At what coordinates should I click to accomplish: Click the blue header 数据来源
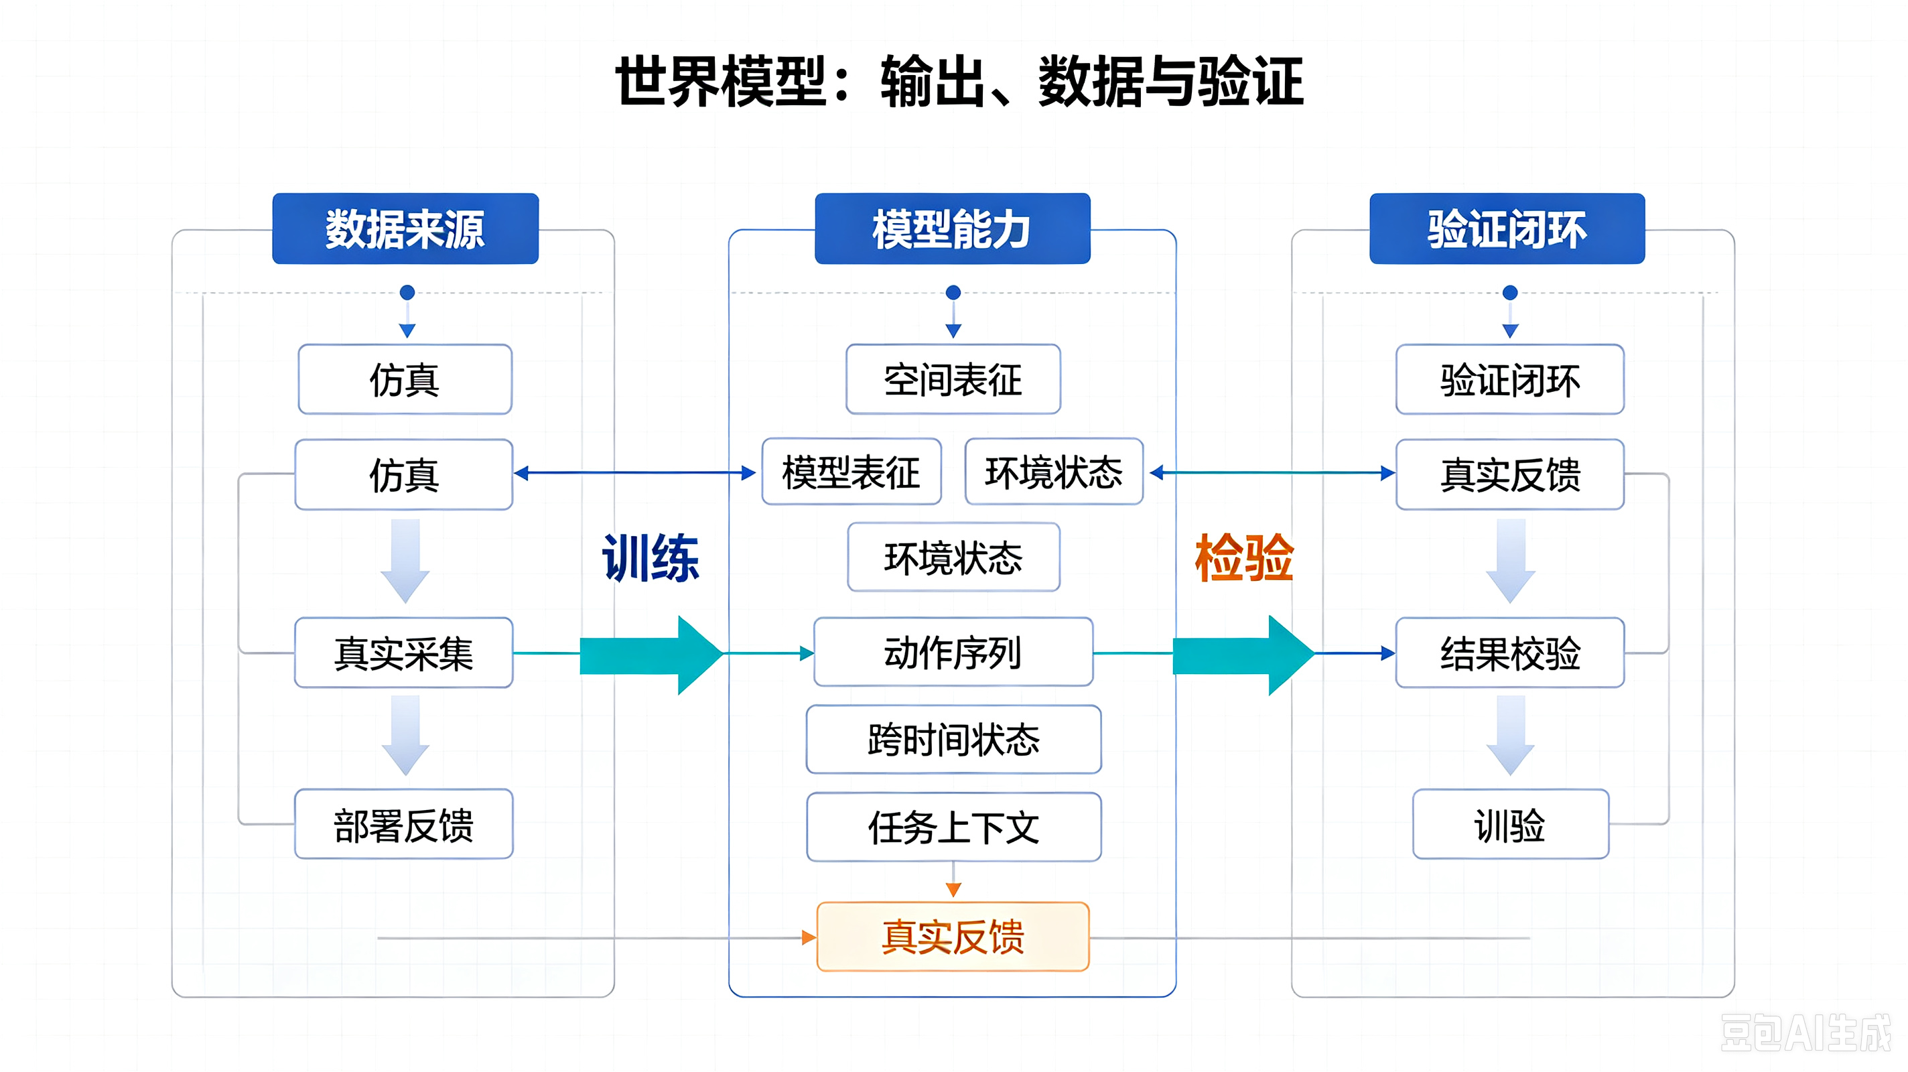405,228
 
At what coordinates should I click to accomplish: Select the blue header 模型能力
953,228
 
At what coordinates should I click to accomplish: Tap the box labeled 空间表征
953,379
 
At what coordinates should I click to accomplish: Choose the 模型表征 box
851,472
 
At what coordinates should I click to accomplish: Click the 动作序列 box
953,652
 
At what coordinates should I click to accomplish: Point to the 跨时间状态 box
953,740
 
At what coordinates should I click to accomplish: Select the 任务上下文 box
953,827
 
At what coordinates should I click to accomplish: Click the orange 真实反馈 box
953,937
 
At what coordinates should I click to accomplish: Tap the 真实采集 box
404,653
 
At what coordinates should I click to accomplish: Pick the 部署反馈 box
404,824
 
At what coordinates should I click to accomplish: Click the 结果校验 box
1510,653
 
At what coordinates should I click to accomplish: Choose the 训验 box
1510,824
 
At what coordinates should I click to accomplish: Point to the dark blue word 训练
651,558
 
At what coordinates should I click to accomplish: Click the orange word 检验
1244,558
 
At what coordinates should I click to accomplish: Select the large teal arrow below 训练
651,655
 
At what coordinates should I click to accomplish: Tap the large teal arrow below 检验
1243,655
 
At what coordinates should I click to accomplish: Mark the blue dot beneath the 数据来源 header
407,293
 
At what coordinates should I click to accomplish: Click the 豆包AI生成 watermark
1805,1032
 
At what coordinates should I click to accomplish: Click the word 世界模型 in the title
721,82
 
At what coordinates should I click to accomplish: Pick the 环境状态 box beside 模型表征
1054,472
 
